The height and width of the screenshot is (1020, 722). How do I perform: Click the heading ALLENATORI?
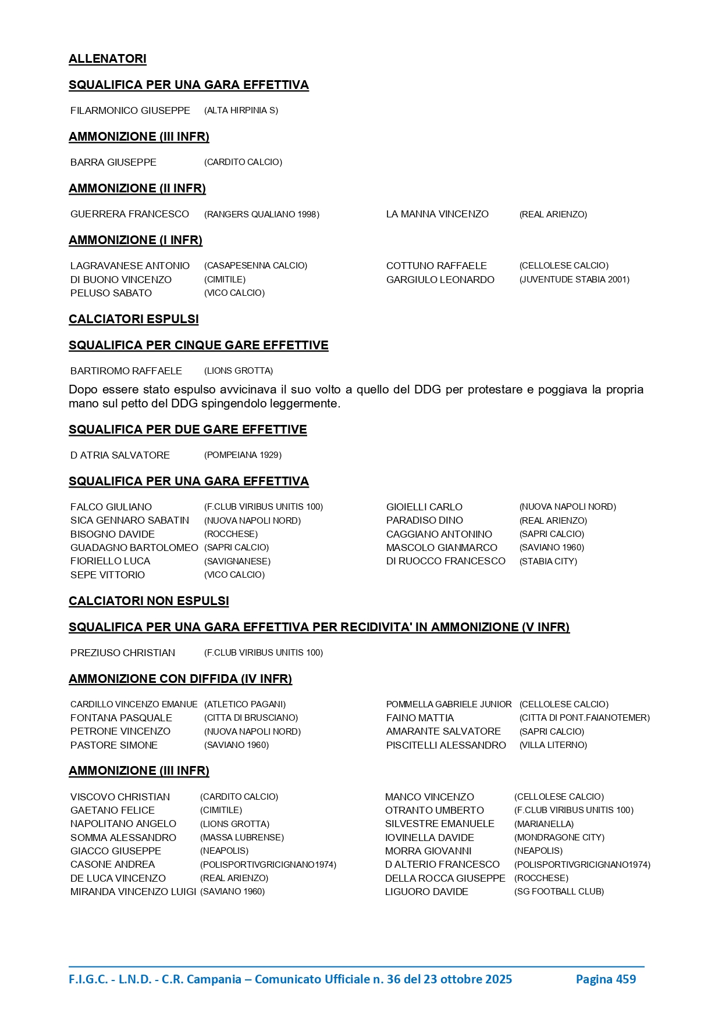click(108, 59)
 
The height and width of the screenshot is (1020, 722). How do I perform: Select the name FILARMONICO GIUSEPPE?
click(130, 110)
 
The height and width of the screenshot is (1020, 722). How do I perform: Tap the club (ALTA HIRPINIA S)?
click(241, 110)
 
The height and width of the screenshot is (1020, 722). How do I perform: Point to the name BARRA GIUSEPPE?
click(113, 162)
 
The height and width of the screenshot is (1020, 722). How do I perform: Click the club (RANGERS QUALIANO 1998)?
click(262, 214)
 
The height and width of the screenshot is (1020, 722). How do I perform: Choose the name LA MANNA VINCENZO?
click(438, 214)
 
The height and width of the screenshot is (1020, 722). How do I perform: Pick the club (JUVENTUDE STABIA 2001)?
click(574, 280)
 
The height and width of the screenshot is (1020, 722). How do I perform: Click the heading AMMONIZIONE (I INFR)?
click(136, 240)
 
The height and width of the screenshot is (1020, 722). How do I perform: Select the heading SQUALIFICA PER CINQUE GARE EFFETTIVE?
click(198, 345)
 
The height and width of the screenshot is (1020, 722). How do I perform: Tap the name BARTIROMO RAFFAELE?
click(126, 371)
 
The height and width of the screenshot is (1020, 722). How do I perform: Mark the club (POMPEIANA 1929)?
click(243, 455)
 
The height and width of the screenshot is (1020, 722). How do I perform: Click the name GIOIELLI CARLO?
click(424, 507)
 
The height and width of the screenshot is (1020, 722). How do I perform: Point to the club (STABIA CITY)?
click(548, 561)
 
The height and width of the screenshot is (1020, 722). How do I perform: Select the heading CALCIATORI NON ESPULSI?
click(149, 601)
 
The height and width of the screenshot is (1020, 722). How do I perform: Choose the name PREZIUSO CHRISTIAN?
click(123, 653)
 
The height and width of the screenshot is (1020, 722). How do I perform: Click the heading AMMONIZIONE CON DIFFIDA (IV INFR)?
click(180, 679)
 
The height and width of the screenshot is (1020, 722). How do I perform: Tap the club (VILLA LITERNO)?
click(553, 745)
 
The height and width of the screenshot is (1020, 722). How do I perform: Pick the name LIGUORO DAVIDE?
click(426, 892)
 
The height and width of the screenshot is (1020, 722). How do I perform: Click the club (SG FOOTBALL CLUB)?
click(559, 892)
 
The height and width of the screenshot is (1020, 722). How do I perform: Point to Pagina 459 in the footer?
click(606, 979)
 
